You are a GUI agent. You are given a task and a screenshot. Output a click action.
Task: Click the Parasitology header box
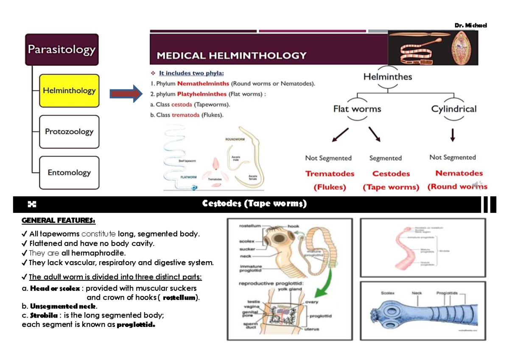(x=62, y=50)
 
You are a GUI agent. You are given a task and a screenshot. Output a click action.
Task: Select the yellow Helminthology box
(x=69, y=90)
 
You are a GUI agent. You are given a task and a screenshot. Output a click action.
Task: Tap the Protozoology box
(x=69, y=131)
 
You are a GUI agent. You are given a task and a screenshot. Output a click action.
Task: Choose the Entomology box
(x=69, y=173)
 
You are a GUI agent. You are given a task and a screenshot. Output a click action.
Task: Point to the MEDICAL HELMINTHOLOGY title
(x=232, y=56)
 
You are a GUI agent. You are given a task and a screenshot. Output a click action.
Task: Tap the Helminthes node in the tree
(x=387, y=77)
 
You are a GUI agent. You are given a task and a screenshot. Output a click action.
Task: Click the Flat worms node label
(x=357, y=109)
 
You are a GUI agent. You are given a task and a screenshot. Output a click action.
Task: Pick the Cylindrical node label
(x=453, y=109)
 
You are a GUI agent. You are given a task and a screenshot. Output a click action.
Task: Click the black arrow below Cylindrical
(x=453, y=135)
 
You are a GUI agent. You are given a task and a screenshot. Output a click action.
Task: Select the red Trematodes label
(x=330, y=173)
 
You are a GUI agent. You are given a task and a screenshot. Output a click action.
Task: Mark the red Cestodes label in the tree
(x=391, y=173)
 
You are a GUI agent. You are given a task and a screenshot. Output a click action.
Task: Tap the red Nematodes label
(x=459, y=173)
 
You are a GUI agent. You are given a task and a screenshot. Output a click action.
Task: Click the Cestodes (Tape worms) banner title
(x=254, y=204)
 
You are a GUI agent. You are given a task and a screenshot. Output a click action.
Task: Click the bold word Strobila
(x=43, y=315)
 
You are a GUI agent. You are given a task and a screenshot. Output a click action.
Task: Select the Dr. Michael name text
(x=470, y=25)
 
